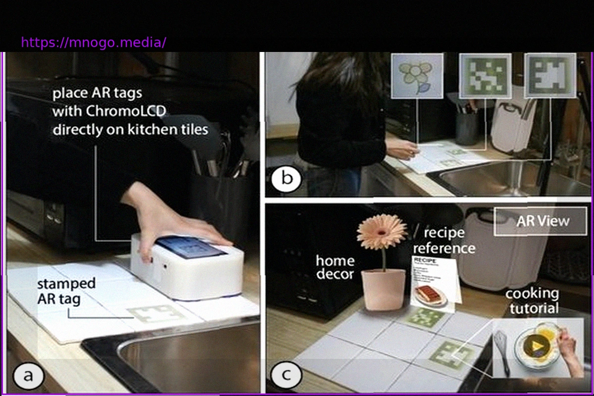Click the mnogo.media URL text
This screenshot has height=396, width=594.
(94, 43)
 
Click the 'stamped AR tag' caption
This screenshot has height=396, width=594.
(66, 291)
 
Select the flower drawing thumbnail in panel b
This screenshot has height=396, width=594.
(417, 77)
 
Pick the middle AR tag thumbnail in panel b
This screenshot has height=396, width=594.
(485, 77)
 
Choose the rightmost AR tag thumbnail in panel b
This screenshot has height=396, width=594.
(550, 76)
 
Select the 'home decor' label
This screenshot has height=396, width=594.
(335, 267)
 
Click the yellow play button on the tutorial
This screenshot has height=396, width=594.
(536, 343)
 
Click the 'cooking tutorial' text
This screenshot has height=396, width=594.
(532, 301)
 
